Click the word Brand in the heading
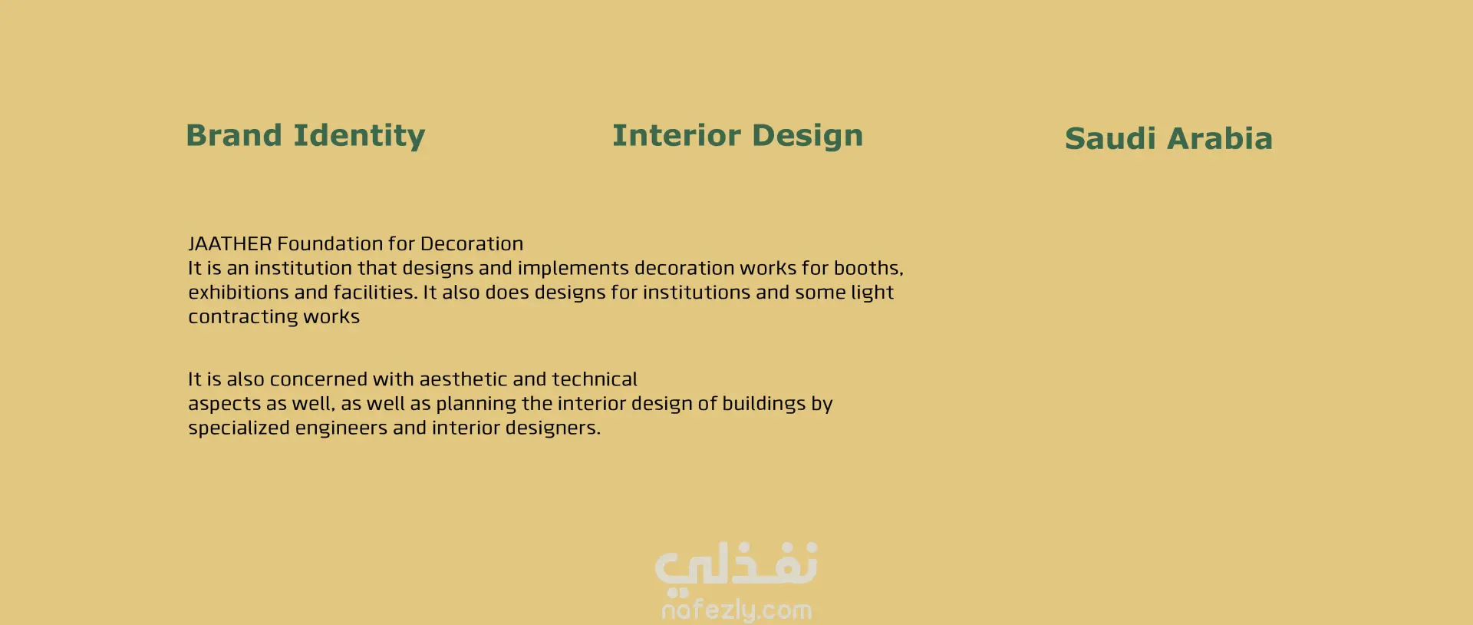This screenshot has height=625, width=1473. [234, 135]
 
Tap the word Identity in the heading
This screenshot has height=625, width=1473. [359, 136]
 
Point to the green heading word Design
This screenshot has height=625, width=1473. [808, 136]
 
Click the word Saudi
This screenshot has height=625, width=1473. [1110, 139]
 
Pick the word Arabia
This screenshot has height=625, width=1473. [1220, 139]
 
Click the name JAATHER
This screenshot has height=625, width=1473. [230, 243]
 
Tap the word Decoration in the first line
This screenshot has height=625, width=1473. [472, 243]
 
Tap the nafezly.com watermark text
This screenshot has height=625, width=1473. [736, 610]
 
